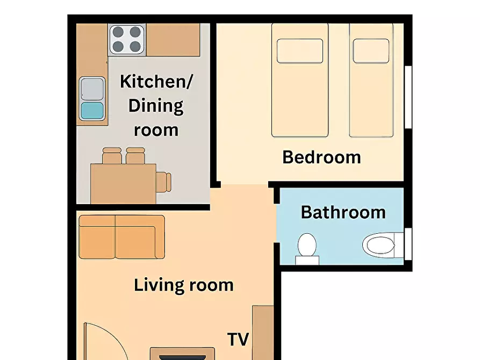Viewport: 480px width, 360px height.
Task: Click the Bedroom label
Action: click(x=321, y=157)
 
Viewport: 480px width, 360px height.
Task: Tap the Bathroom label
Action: click(x=343, y=212)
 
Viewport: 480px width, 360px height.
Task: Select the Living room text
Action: click(x=184, y=285)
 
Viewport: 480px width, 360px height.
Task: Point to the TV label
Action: click(x=238, y=339)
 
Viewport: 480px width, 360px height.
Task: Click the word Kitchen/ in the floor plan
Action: click(x=156, y=82)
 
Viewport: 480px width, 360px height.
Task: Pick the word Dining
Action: click(x=156, y=106)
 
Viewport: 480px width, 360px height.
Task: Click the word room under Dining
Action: click(x=156, y=130)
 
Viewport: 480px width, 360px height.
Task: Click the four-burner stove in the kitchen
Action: click(x=127, y=39)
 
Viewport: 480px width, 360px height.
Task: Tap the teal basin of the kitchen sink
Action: click(x=92, y=111)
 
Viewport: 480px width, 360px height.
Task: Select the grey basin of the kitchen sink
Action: click(x=92, y=89)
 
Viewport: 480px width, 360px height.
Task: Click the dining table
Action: click(x=124, y=184)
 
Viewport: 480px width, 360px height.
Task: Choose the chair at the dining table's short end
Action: click(x=164, y=182)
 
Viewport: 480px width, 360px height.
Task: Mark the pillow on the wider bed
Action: click(x=300, y=51)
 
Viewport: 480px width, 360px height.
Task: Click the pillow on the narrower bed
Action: click(x=371, y=51)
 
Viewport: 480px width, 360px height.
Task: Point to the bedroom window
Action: click(x=408, y=97)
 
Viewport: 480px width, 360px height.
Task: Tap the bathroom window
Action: click(x=408, y=244)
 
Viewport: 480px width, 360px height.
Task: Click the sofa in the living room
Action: click(x=122, y=237)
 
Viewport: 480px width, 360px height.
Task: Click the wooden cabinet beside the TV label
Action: click(x=263, y=333)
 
